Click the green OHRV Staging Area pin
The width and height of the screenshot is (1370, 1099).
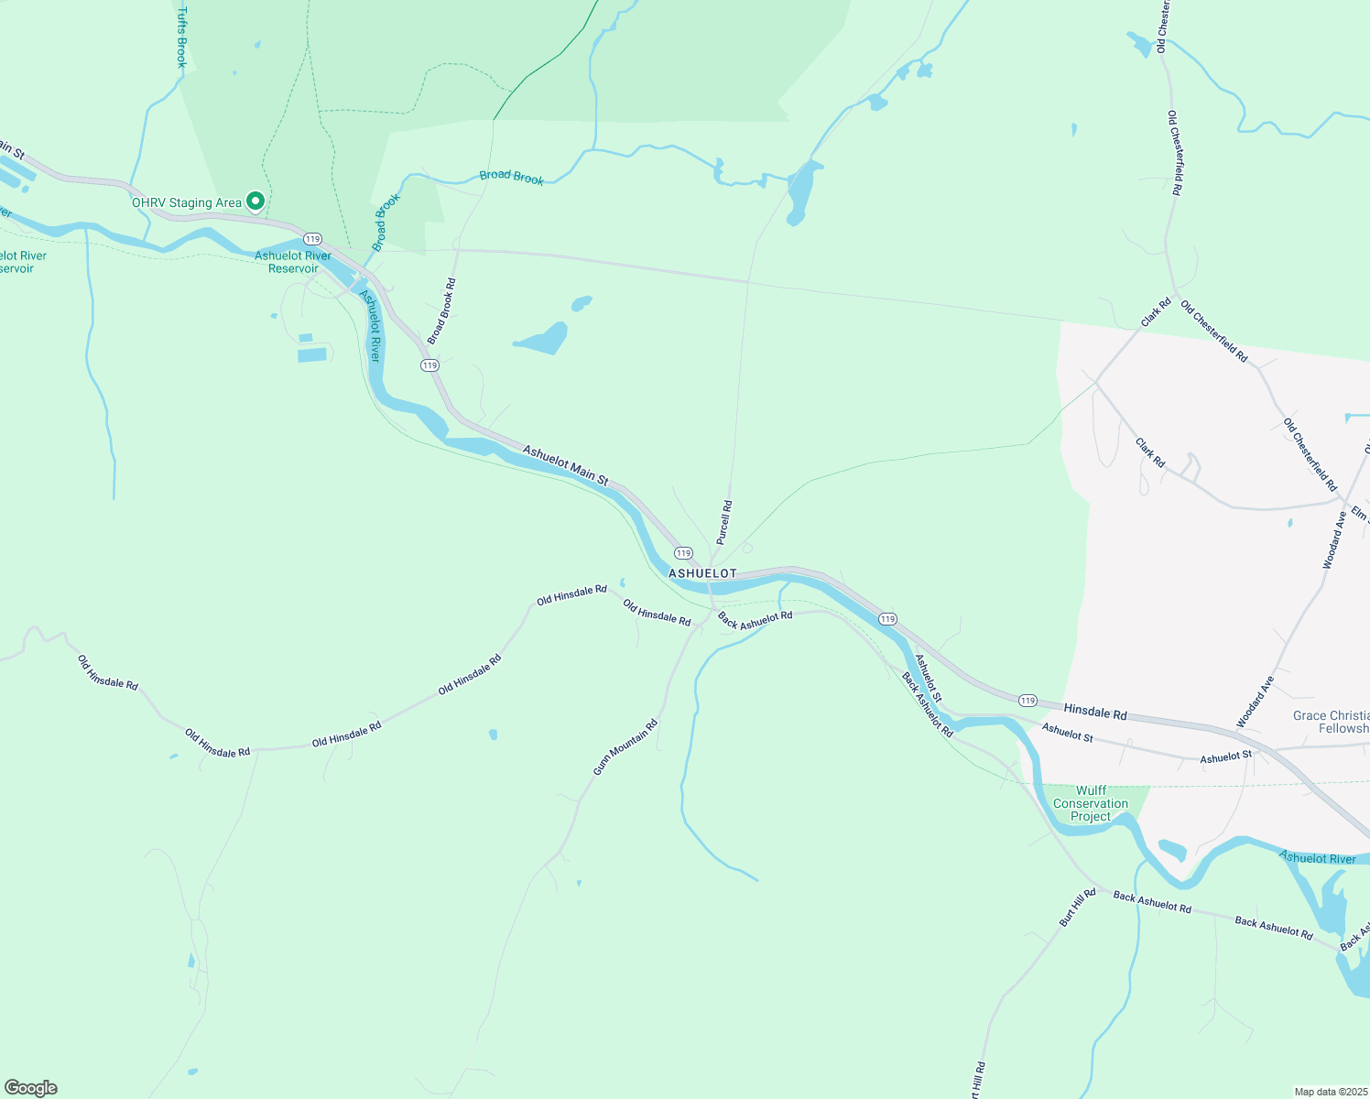pyautogui.click(x=256, y=201)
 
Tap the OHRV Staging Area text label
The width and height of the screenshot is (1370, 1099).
pyautogui.click(x=187, y=203)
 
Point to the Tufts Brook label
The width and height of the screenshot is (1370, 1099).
pyautogui.click(x=181, y=38)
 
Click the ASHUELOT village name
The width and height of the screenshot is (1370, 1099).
pyautogui.click(x=702, y=573)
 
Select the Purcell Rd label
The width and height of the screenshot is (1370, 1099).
pyautogui.click(x=724, y=521)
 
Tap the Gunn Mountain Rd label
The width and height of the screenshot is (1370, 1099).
pyautogui.click(x=625, y=747)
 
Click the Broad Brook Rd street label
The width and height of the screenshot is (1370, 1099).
pyautogui.click(x=441, y=311)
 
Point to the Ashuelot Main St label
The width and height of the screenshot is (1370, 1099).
pyautogui.click(x=565, y=464)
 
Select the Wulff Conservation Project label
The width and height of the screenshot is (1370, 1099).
pyautogui.click(x=1091, y=803)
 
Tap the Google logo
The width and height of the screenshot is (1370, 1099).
pyautogui.click(x=31, y=1088)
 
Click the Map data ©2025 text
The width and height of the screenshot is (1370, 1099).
pyautogui.click(x=1330, y=1092)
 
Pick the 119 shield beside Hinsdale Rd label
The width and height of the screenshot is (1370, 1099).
pyautogui.click(x=1027, y=701)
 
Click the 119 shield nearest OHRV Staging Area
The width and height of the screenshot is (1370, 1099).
pyautogui.click(x=313, y=239)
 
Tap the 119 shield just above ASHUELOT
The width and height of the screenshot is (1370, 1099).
pyautogui.click(x=683, y=553)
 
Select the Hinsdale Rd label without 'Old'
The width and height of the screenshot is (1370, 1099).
pyautogui.click(x=1095, y=713)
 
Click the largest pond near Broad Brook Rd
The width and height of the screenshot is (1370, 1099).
pyautogui.click(x=544, y=340)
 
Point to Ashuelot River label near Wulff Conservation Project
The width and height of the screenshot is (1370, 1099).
pyautogui.click(x=1317, y=858)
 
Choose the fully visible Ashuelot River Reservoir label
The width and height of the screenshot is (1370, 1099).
pyautogui.click(x=293, y=262)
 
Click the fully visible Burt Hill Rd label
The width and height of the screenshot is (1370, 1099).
pyautogui.click(x=1078, y=908)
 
